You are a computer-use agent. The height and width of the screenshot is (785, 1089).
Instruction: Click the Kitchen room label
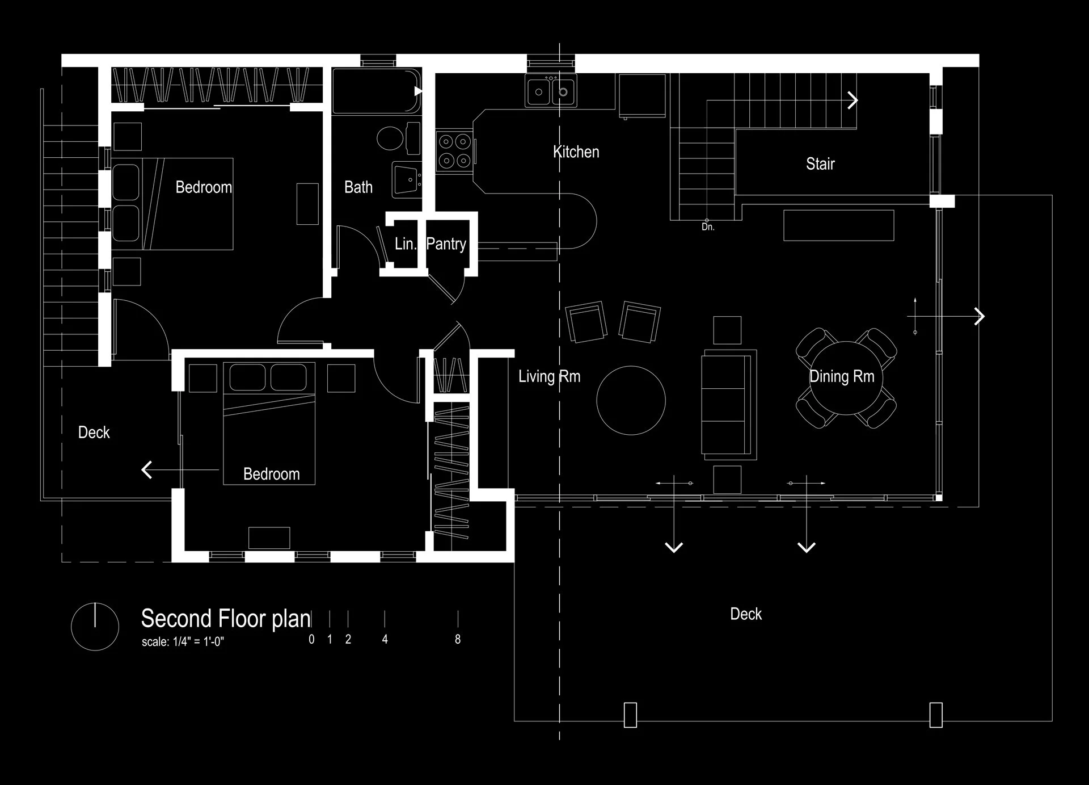click(x=576, y=152)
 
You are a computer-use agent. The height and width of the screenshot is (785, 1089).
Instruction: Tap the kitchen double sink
click(x=550, y=91)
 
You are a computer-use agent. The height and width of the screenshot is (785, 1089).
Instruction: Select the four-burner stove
click(x=455, y=152)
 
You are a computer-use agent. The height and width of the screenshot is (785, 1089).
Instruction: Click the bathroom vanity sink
click(x=407, y=180)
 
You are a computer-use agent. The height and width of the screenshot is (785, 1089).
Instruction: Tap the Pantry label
click(x=446, y=244)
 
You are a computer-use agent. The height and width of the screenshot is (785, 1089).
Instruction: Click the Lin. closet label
click(x=405, y=244)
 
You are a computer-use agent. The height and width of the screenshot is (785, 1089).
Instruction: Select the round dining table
click(x=846, y=378)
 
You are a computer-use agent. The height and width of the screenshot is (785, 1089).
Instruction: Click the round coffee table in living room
click(x=631, y=400)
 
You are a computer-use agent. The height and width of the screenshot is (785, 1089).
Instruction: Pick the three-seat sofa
click(x=728, y=404)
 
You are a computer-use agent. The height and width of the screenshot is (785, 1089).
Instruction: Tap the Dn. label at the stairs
click(x=708, y=227)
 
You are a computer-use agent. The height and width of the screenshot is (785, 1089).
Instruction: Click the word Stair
click(x=820, y=164)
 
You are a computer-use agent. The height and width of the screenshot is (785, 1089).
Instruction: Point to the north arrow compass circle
click(x=95, y=627)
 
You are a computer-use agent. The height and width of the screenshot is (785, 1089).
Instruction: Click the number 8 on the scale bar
click(x=458, y=640)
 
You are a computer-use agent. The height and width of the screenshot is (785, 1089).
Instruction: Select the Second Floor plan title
click(x=226, y=618)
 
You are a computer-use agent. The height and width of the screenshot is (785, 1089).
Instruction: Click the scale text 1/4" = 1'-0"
click(x=183, y=643)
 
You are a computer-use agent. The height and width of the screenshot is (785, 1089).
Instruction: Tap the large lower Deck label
click(x=745, y=614)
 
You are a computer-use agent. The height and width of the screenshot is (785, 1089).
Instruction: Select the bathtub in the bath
click(x=375, y=91)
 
